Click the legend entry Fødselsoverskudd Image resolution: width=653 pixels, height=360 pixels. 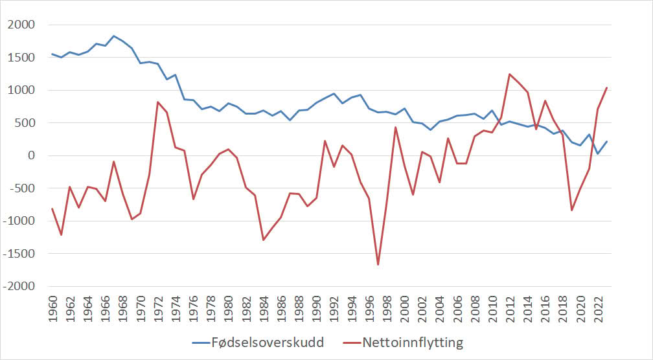[x=258, y=343]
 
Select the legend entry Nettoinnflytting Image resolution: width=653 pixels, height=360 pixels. [x=403, y=343]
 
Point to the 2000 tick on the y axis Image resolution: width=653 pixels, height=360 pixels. [x=21, y=25]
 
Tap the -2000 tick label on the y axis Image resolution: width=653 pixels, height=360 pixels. [x=19, y=287]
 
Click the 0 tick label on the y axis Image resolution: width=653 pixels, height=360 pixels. [x=32, y=155]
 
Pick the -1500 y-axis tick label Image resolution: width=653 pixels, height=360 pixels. [x=19, y=254]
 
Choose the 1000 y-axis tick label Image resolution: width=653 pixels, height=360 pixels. [x=21, y=90]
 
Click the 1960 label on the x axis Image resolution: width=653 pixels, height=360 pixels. [x=53, y=309]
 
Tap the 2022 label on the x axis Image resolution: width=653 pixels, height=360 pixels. [x=598, y=309]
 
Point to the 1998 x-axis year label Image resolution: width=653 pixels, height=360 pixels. [x=387, y=309]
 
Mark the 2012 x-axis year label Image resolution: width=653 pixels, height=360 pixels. [x=510, y=309]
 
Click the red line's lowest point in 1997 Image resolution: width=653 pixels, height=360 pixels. [x=378, y=265]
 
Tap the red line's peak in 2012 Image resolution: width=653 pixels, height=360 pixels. [x=510, y=74]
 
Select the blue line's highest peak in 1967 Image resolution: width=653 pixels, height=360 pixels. [x=114, y=36]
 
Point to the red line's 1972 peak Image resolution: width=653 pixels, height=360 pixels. [x=158, y=102]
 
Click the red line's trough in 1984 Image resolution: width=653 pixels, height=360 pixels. [x=264, y=240]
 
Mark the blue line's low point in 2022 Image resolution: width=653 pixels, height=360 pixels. [x=597, y=153]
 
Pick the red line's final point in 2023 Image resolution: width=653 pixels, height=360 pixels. [x=607, y=88]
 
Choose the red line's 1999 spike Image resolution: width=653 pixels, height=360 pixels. [x=396, y=128]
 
